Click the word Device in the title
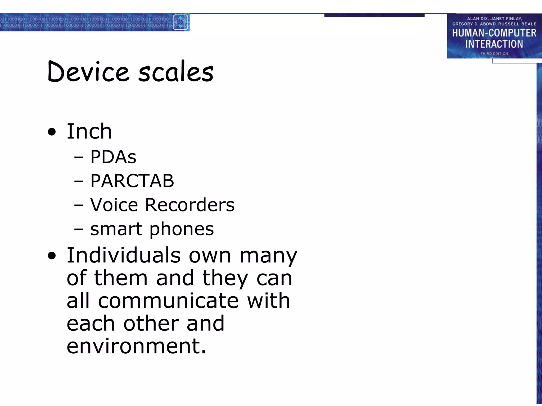tap(88, 71)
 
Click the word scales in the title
tap(176, 72)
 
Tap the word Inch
tap(89, 131)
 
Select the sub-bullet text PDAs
tap(113, 157)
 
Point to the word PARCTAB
tap(132, 181)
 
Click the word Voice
tap(114, 205)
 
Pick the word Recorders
tap(190, 205)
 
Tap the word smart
tap(116, 229)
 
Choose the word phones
tap(182, 229)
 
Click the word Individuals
tap(124, 256)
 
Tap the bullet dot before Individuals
tap(52, 256)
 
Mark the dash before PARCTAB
tap(79, 181)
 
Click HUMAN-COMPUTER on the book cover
tap(494, 33)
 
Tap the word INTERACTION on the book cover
tap(494, 44)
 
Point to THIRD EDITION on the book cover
tap(494, 54)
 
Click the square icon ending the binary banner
tap(180, 22)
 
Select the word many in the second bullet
tap(268, 256)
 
